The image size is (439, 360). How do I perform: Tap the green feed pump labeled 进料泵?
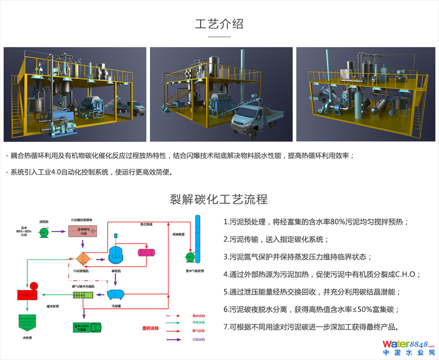(x=44, y=232)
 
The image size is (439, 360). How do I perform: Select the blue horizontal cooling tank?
(x=116, y=293)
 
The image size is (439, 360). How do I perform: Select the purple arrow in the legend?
(x=176, y=339)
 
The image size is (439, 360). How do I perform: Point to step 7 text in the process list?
(x=311, y=327)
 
